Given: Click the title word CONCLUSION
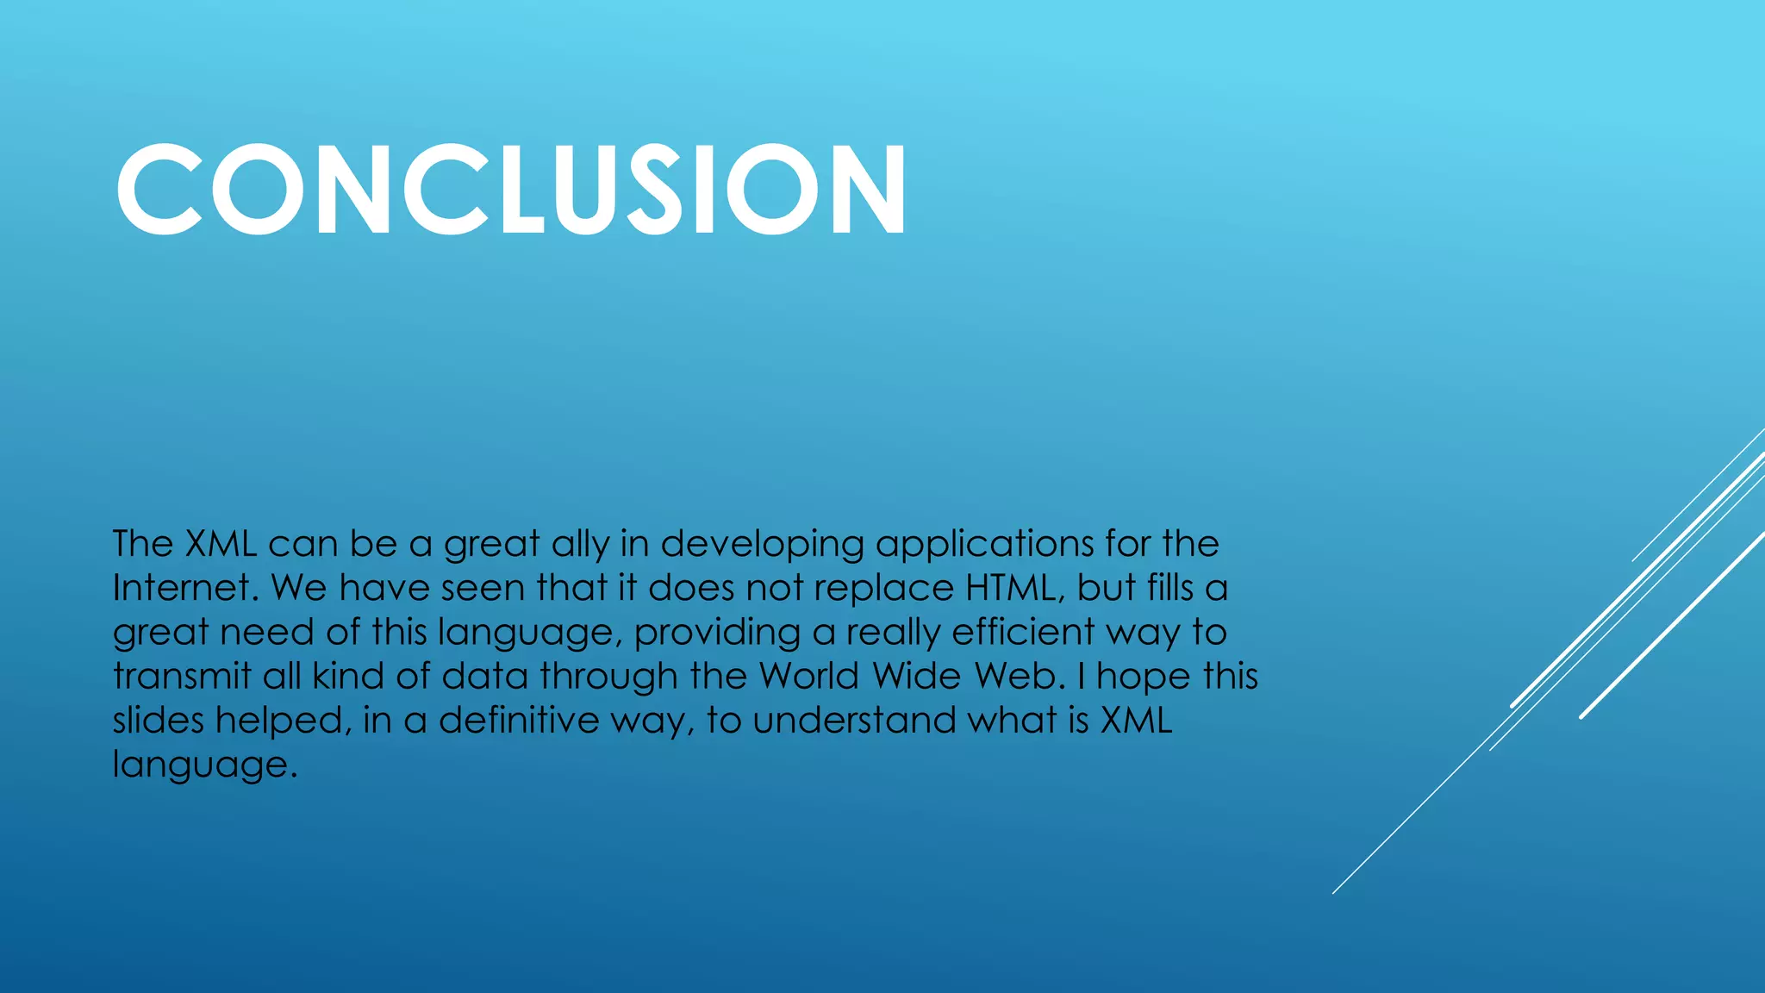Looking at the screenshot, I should pos(510,189).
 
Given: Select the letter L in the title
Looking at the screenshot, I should pos(521,189).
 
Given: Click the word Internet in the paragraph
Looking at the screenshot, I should pos(184,588).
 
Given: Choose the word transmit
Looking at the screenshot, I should pos(182,676).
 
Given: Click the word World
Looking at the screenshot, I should pos(809,676).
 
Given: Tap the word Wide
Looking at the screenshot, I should pos(916,676).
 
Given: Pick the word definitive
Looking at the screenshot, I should pos(519,720).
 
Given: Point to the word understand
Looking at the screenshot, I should pos(854,720).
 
